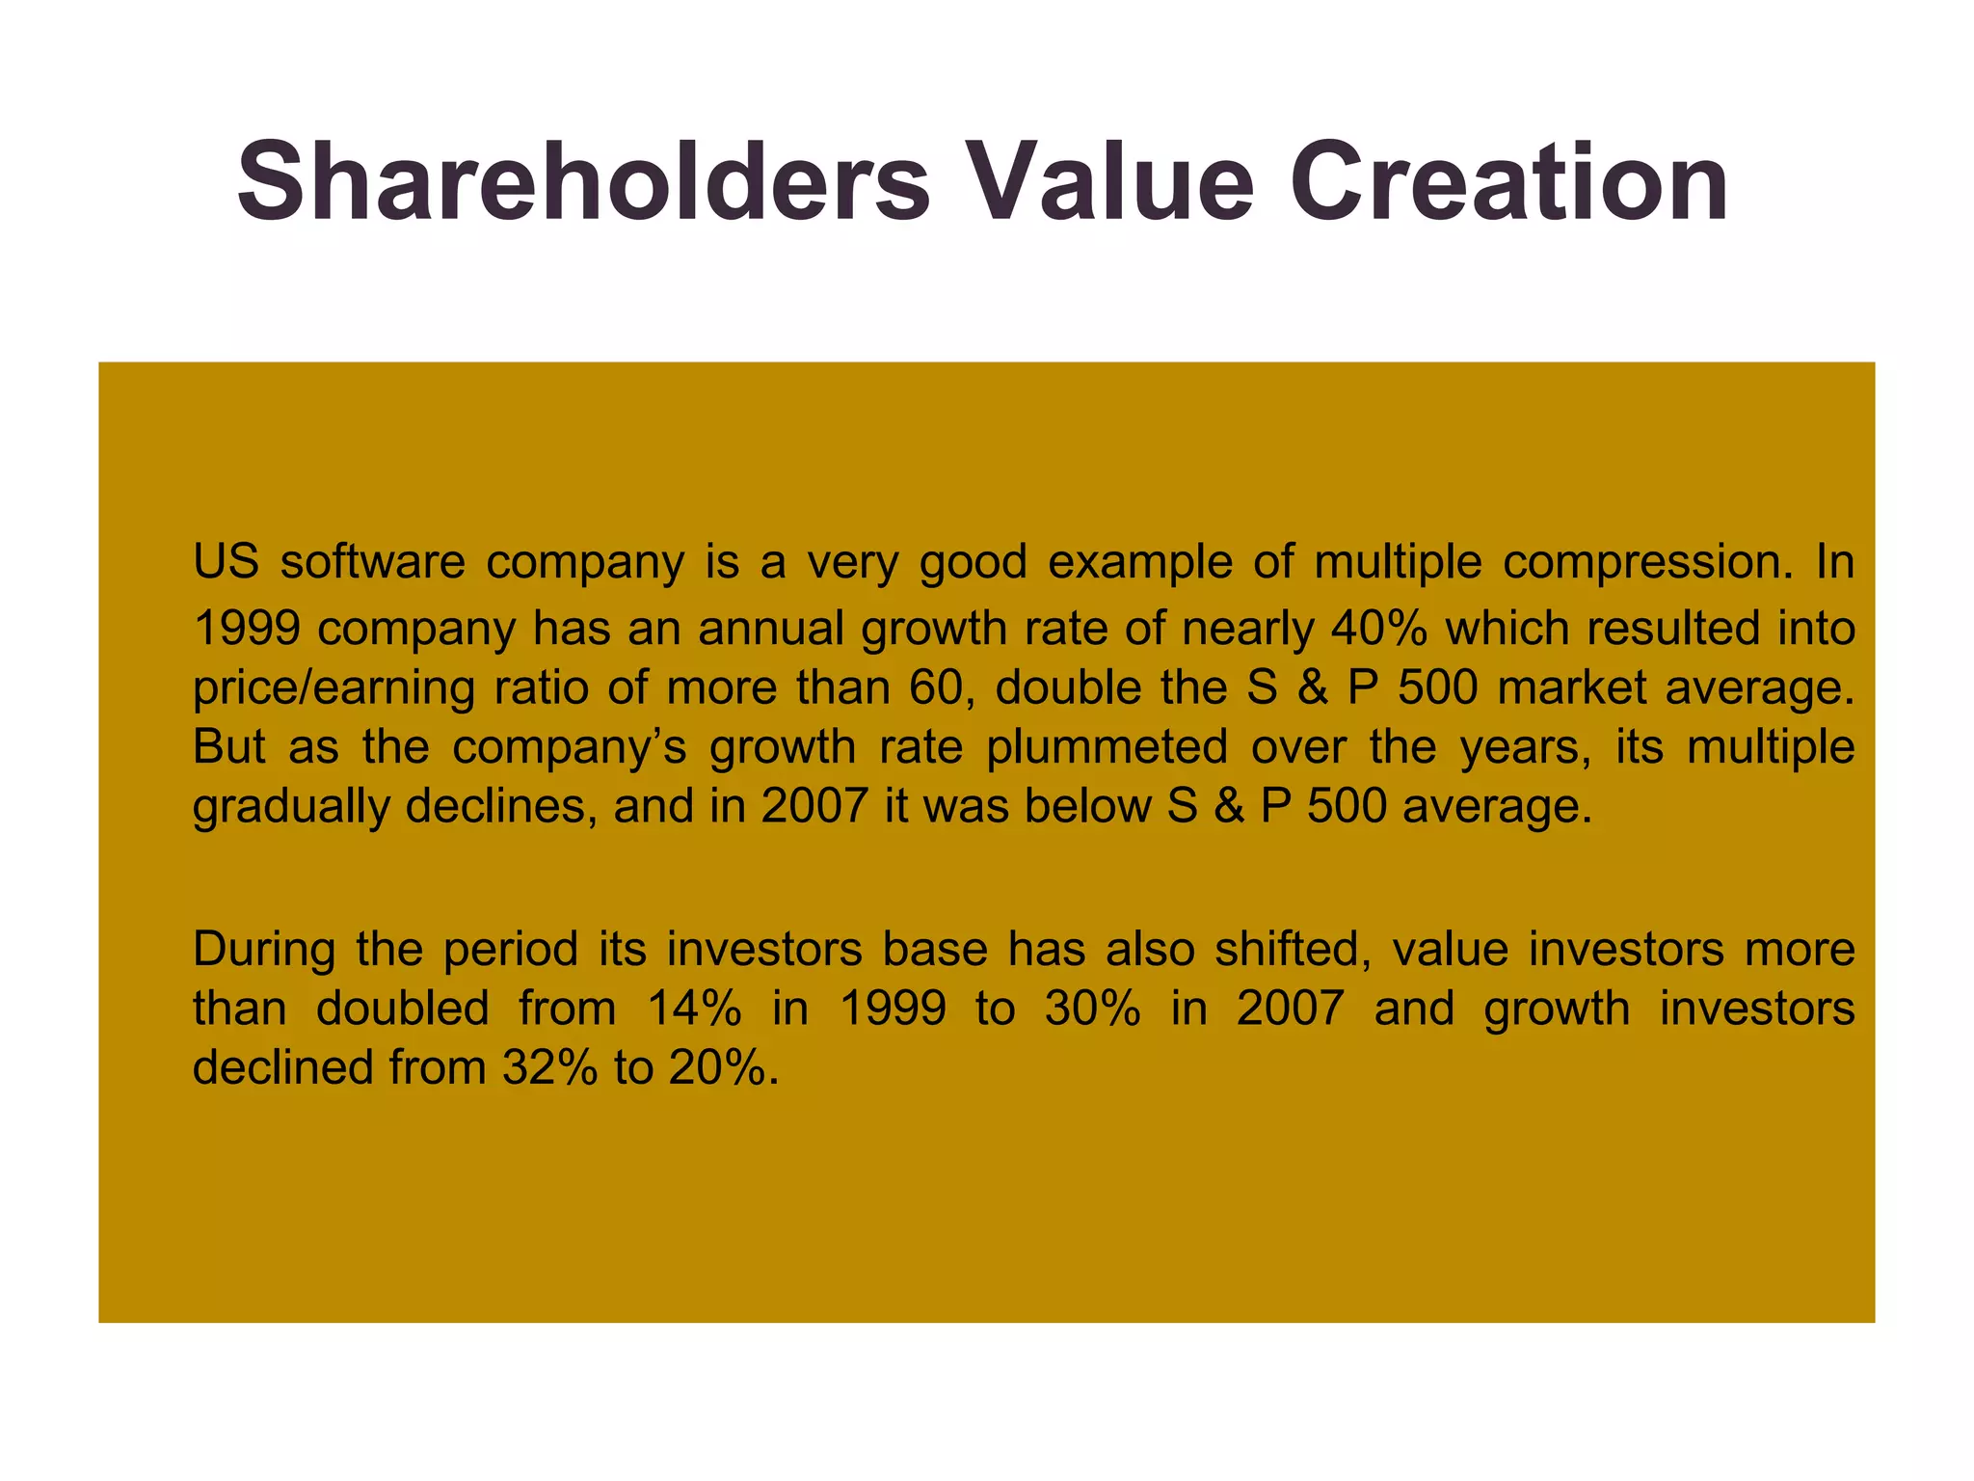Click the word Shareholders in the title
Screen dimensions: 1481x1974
[582, 182]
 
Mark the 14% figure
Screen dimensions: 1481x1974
[694, 1009]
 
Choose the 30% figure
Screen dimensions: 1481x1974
[1093, 1009]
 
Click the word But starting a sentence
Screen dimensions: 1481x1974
[228, 747]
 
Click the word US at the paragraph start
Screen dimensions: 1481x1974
[226, 562]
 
